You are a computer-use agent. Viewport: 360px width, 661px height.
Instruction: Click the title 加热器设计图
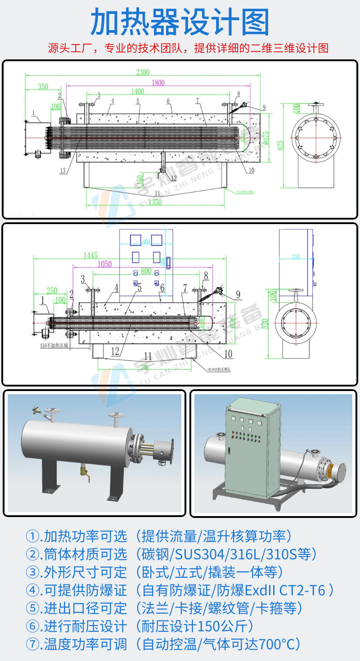point(180,22)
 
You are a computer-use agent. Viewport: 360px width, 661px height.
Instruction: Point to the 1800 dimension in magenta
point(158,82)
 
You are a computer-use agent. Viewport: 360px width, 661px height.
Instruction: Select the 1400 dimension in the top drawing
point(138,91)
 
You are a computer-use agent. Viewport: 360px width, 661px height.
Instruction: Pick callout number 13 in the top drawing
point(63,170)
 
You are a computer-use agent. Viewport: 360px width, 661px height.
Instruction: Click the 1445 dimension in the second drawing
point(90,256)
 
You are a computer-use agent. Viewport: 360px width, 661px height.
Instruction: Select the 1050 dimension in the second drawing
point(104,264)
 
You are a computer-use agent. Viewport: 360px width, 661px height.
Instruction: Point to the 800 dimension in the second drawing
point(145,271)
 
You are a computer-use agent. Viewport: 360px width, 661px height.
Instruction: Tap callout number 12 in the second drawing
point(116,351)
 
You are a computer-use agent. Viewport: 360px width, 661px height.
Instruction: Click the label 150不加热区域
point(54,346)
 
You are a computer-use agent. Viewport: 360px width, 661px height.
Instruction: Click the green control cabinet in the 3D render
point(250,445)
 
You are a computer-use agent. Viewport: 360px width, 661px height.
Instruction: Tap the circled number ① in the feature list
point(33,536)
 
